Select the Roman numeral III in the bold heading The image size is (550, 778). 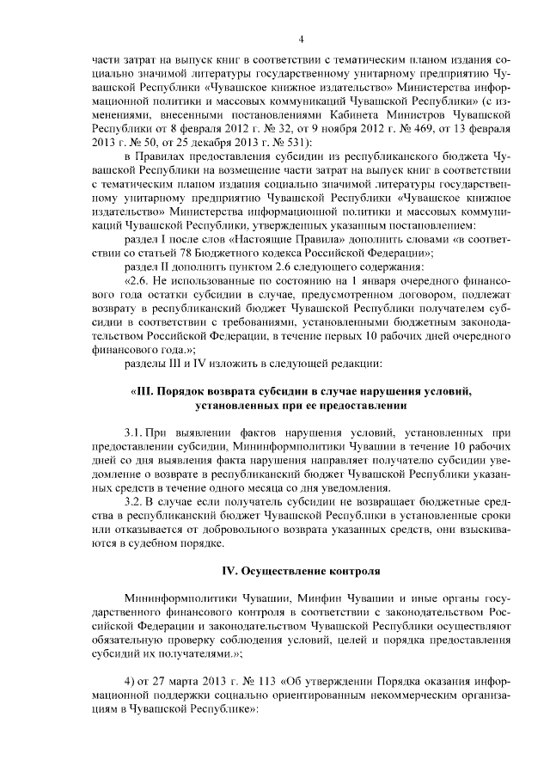coord(143,391)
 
